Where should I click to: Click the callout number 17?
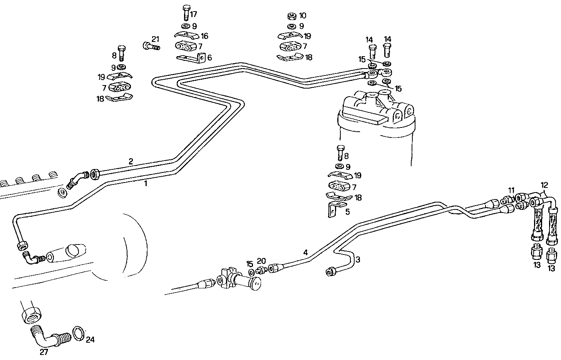(x=193, y=15)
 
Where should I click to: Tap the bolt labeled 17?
(x=185, y=13)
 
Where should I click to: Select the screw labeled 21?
(x=151, y=46)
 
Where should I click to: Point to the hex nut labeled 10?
(x=291, y=16)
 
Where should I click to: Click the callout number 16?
(x=204, y=36)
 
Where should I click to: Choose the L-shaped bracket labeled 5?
(x=333, y=209)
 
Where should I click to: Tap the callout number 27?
(x=44, y=352)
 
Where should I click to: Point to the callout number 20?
(x=261, y=261)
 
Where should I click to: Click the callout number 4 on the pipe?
(x=305, y=253)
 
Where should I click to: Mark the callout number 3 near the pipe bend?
(x=358, y=260)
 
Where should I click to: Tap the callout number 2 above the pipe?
(x=131, y=161)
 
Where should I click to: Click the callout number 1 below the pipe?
(x=146, y=184)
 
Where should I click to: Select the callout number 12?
(x=544, y=185)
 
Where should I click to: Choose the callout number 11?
(x=511, y=190)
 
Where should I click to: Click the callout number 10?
(x=303, y=16)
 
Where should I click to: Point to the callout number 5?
(x=347, y=211)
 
